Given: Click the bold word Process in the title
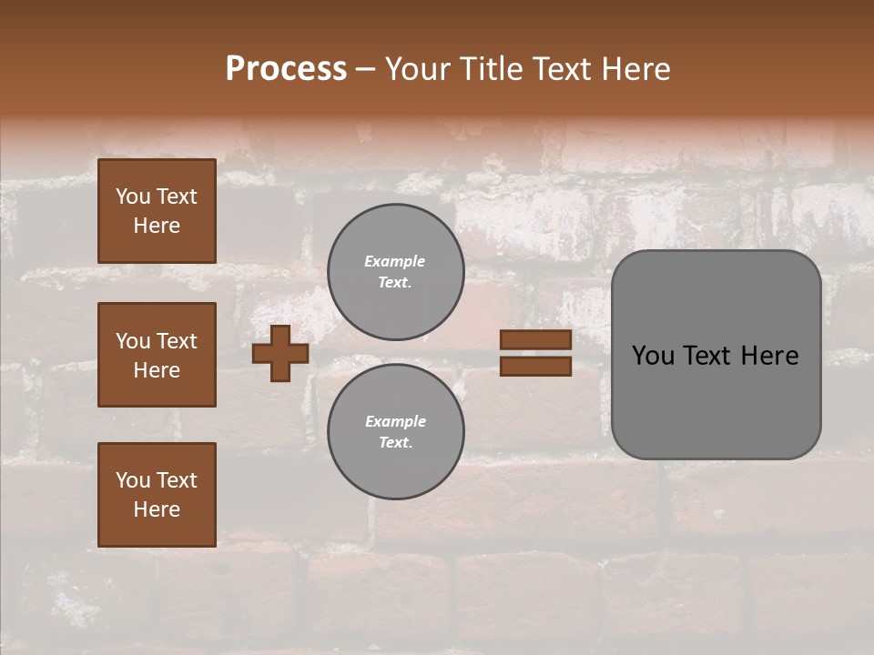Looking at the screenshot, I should tap(286, 69).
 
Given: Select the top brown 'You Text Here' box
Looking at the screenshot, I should tap(157, 211).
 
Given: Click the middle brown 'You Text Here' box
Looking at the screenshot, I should tap(157, 355).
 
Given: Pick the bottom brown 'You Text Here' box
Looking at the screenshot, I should tap(157, 495).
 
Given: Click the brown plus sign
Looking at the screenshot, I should tap(280, 353).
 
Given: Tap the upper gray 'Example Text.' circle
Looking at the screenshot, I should tap(395, 271).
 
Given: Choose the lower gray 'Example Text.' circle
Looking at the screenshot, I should tap(395, 431).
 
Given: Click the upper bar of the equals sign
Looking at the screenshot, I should tap(535, 340).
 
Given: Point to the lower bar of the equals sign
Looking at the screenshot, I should tap(535, 366).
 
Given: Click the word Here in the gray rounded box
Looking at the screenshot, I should tap(769, 356).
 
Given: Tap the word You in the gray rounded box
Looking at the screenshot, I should tap(654, 356).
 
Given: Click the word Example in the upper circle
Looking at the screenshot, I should tap(395, 261).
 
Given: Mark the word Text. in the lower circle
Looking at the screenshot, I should tap(395, 442).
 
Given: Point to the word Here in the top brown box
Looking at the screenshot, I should tap(157, 226).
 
